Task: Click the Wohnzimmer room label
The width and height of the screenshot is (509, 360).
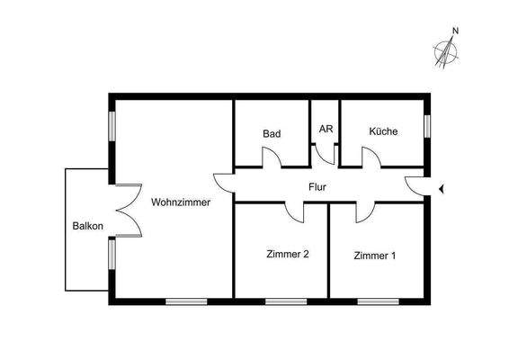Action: coord(181,202)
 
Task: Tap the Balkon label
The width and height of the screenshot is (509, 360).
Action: coord(87,226)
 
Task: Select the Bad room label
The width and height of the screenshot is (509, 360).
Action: coord(272,134)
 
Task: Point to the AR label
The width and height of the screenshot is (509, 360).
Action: coord(326,129)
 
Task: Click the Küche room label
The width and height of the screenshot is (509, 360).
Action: coord(383,131)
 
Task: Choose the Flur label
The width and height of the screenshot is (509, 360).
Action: coord(317,188)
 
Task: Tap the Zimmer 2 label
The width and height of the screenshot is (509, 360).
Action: coord(288,255)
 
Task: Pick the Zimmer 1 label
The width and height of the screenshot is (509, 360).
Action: coord(374,256)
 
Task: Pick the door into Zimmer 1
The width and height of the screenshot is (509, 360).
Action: coord(365,212)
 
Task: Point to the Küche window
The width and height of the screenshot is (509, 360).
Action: coord(428,125)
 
